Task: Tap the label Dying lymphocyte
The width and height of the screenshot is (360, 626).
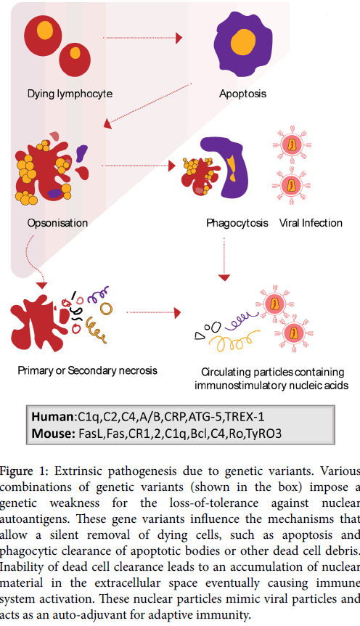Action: pos(70,94)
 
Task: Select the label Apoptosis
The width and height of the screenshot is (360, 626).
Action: pos(242,94)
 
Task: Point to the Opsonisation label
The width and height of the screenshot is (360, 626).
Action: pos(57,223)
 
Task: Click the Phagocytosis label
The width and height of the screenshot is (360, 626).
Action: pos(237,223)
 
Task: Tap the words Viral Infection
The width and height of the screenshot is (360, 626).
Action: pos(311,223)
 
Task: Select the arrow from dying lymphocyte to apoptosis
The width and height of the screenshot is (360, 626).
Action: pos(142,38)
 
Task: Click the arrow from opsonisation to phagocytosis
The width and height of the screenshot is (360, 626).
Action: pos(139,166)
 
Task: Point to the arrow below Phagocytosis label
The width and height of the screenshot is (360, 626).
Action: pos(224,259)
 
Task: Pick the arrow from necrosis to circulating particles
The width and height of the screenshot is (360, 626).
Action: pos(154,312)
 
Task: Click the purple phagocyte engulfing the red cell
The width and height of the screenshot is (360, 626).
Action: pos(224,167)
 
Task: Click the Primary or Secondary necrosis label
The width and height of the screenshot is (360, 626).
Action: pos(87,370)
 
